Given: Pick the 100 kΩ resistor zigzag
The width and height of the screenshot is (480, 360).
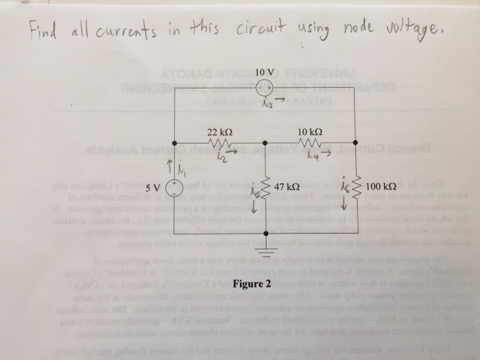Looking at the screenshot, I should (x=356, y=187).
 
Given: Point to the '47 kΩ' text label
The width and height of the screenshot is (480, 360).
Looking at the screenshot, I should (x=287, y=187).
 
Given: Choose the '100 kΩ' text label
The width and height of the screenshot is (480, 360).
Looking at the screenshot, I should (x=381, y=186).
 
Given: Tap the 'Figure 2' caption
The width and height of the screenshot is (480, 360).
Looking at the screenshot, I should (x=252, y=284).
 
